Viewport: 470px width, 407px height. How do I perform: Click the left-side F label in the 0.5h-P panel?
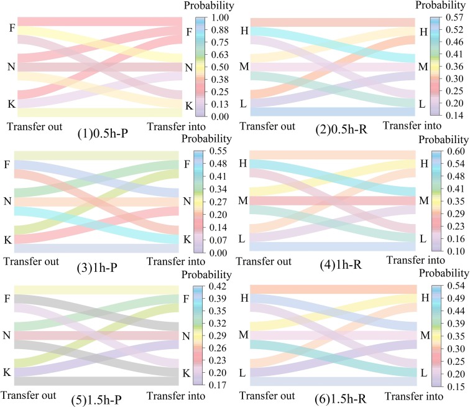(x=11, y=27)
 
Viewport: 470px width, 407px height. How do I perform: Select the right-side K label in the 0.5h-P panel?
(x=188, y=106)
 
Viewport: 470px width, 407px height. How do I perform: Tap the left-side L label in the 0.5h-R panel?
(x=243, y=104)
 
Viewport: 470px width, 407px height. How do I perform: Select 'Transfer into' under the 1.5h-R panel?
(x=408, y=394)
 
